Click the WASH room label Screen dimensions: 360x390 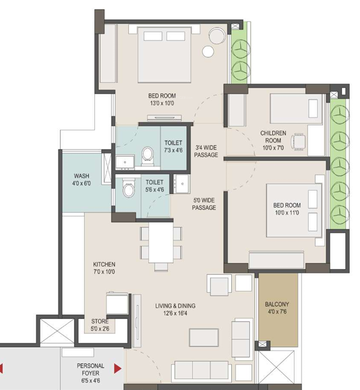[81, 176]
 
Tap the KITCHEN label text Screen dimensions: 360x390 [104, 264]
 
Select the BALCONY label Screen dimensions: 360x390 [277, 304]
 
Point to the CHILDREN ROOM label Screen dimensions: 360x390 [273, 137]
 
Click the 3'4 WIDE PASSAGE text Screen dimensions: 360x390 [206, 151]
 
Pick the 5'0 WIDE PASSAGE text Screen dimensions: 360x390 [204, 204]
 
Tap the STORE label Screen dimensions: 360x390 [100, 321]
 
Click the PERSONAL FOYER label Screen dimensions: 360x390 [91, 369]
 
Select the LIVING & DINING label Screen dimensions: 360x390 [175, 306]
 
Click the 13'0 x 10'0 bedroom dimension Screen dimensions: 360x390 [162, 103]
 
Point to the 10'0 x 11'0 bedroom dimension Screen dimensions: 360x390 [287, 213]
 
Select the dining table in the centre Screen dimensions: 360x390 [161, 242]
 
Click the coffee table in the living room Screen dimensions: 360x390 [204, 338]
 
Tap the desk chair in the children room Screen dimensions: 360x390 [299, 142]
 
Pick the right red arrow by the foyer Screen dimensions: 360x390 [117, 369]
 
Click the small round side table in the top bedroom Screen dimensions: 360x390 [208, 52]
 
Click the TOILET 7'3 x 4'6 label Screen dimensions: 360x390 [173, 147]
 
